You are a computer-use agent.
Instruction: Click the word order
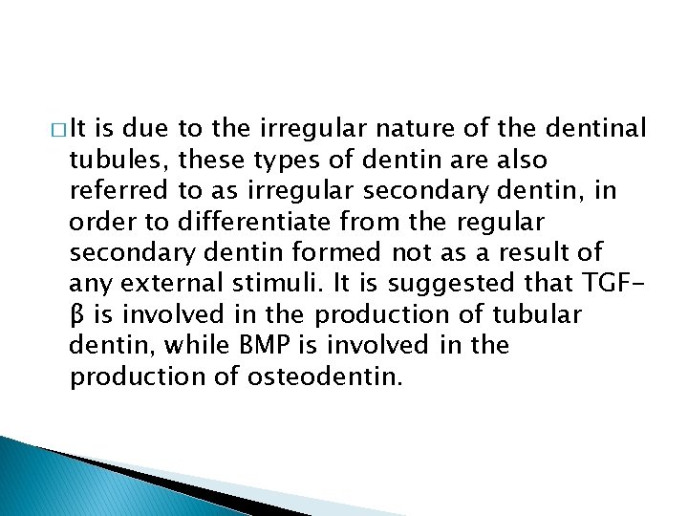pyautogui.click(x=104, y=221)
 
